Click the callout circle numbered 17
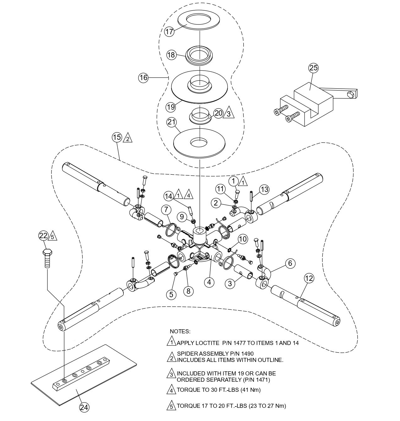click(169, 32)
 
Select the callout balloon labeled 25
click(313, 68)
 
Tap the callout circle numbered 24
click(84, 407)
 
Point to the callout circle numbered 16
click(143, 78)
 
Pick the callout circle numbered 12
click(309, 278)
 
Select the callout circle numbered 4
click(209, 282)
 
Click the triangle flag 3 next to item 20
click(228, 114)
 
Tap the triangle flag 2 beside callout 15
click(127, 138)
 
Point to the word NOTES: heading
click(180, 331)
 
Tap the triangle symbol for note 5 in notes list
click(170, 406)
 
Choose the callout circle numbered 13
click(264, 189)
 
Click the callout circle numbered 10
click(242, 239)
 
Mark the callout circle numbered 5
click(171, 294)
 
